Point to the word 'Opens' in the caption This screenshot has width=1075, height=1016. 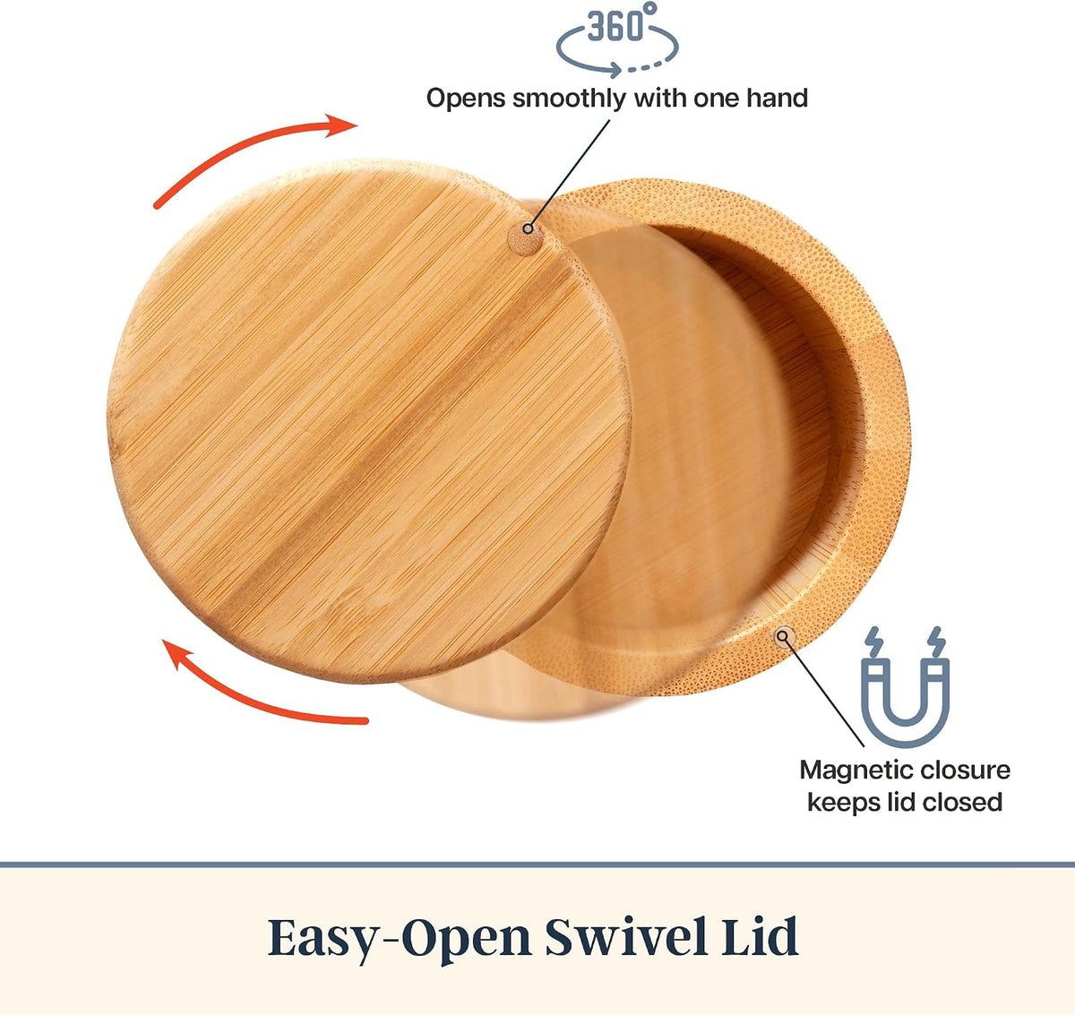(466, 99)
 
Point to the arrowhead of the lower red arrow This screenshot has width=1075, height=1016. (178, 654)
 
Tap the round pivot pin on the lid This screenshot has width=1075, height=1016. (526, 238)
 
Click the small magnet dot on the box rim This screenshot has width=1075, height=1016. (785, 636)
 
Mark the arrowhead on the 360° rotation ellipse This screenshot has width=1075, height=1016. (615, 70)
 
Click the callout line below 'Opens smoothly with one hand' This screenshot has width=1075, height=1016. (569, 175)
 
